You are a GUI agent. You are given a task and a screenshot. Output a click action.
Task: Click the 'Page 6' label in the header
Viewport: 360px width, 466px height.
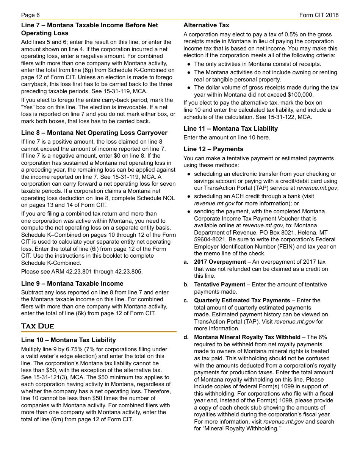(30, 15)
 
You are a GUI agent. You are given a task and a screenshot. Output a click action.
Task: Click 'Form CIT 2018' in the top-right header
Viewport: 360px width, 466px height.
(319, 15)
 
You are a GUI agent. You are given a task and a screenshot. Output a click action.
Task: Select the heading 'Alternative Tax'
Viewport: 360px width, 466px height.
(206, 25)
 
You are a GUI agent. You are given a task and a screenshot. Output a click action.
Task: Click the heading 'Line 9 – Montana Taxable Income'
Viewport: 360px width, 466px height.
(72, 284)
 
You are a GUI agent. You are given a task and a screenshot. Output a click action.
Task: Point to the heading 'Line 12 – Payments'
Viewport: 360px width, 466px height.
(213, 149)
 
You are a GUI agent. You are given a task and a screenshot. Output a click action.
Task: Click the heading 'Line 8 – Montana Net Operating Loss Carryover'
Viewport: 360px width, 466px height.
(94, 133)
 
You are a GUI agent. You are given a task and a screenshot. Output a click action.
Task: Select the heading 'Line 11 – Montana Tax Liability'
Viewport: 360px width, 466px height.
(230, 129)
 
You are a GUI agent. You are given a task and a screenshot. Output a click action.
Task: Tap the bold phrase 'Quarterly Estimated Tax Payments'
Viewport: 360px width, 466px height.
(242, 300)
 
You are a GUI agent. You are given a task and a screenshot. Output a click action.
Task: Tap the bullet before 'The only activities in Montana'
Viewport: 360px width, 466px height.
(189, 64)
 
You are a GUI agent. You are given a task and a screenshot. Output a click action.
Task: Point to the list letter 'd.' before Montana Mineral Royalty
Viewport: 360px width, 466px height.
(186, 337)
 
